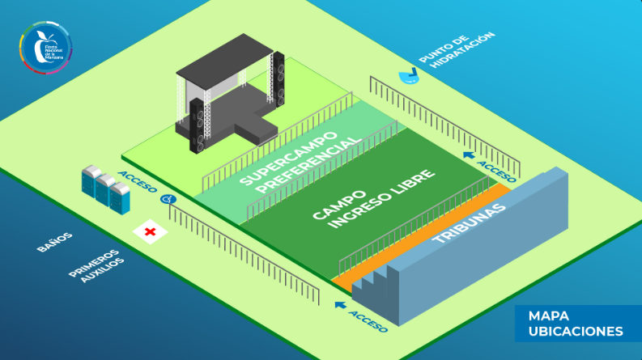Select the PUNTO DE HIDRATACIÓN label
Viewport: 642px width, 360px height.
(456, 50)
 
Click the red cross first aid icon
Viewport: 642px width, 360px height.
(150, 233)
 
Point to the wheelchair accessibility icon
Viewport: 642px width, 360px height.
(168, 198)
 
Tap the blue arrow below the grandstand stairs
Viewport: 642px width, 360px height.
(339, 306)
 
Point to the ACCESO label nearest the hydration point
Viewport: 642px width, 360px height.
(495, 171)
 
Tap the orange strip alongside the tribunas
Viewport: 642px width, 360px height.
(421, 234)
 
